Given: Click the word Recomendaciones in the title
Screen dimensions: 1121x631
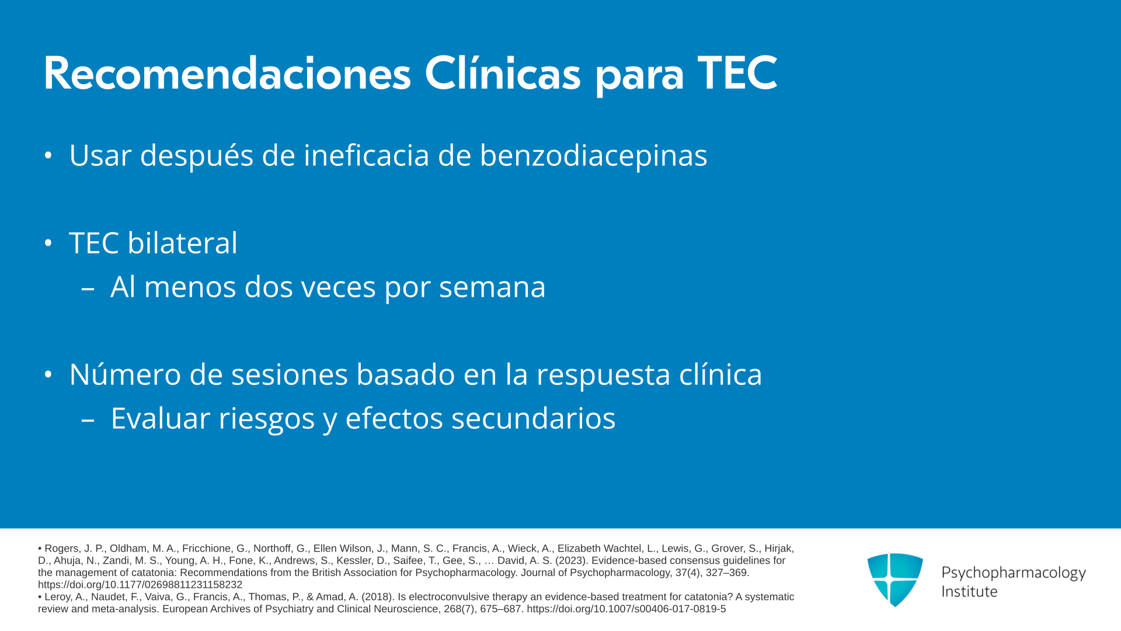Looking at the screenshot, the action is [x=228, y=74].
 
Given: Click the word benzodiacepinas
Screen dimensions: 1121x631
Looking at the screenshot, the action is [x=594, y=155].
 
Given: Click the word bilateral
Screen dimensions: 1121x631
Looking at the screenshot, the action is [x=183, y=243].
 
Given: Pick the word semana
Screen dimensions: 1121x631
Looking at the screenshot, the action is [x=492, y=287].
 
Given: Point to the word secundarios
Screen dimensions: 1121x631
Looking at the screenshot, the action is [x=534, y=418].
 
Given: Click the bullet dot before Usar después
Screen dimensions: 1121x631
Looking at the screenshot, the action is [x=48, y=155].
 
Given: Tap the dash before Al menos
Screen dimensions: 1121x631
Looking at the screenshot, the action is [x=88, y=288].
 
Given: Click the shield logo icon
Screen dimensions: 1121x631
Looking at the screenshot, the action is [x=895, y=580].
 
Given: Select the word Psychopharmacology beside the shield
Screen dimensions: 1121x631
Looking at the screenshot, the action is [x=1014, y=573].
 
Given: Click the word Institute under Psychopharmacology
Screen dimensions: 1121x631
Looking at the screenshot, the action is [x=969, y=591].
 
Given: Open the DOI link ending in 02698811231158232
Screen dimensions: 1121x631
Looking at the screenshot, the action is [x=140, y=585].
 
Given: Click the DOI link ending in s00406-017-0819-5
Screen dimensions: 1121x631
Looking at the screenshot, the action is [x=626, y=609].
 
